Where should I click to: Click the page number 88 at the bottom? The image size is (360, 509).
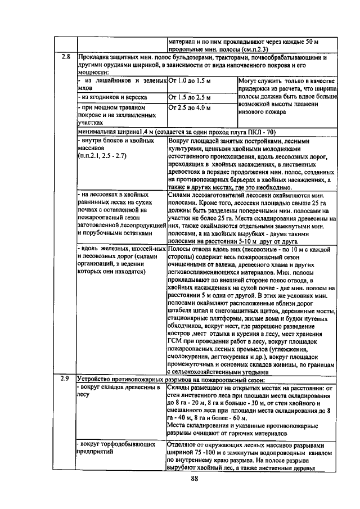pos(195,479)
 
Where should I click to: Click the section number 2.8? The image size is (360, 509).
pos(65,57)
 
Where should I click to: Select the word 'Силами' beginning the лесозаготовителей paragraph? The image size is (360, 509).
pos(180,193)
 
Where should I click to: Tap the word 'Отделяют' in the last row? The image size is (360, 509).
pos(183,444)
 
